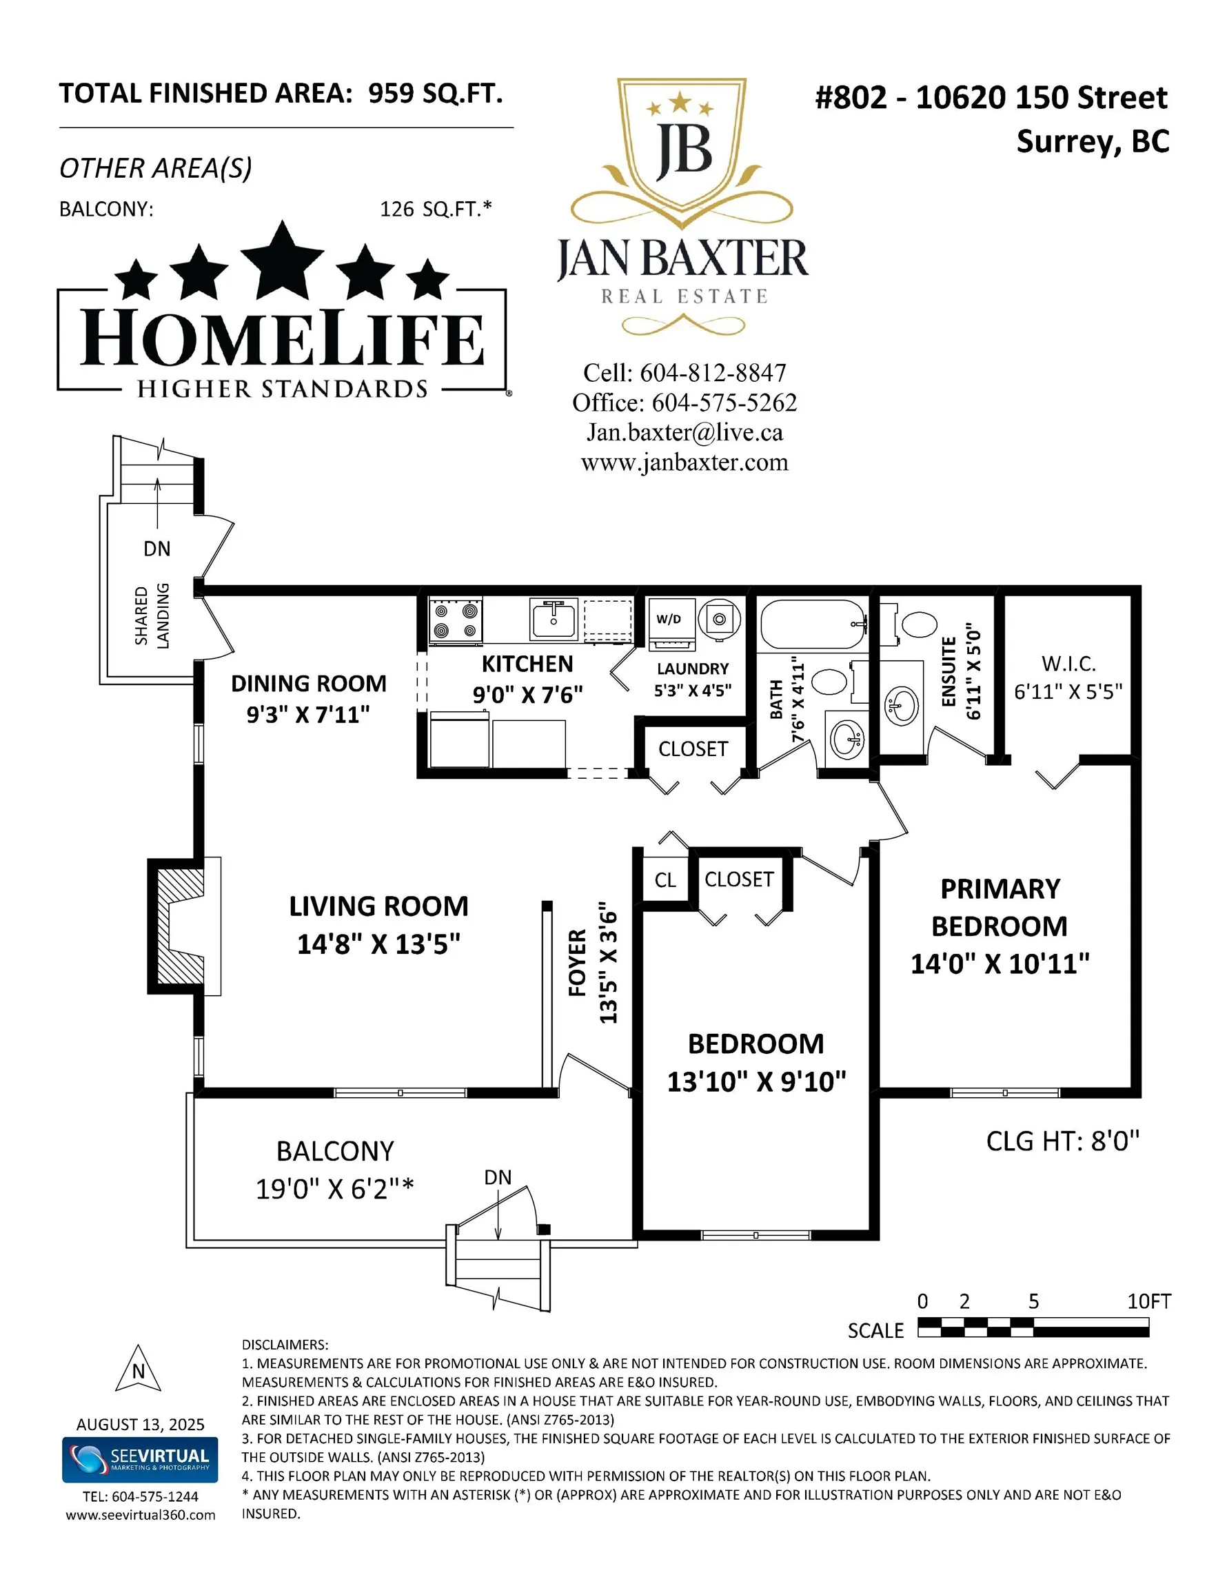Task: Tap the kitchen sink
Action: coord(554,620)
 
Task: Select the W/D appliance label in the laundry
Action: coord(669,619)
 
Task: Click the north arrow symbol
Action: coord(138,1369)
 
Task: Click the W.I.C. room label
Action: coord(1068,663)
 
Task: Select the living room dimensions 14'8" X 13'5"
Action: coord(378,944)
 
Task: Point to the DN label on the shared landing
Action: coord(157,549)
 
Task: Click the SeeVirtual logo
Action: coord(140,1459)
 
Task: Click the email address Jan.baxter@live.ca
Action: coord(685,433)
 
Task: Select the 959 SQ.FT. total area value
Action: coord(435,94)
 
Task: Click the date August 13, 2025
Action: coord(141,1425)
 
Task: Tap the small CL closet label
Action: coord(665,881)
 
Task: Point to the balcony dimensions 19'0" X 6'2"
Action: coord(334,1190)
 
